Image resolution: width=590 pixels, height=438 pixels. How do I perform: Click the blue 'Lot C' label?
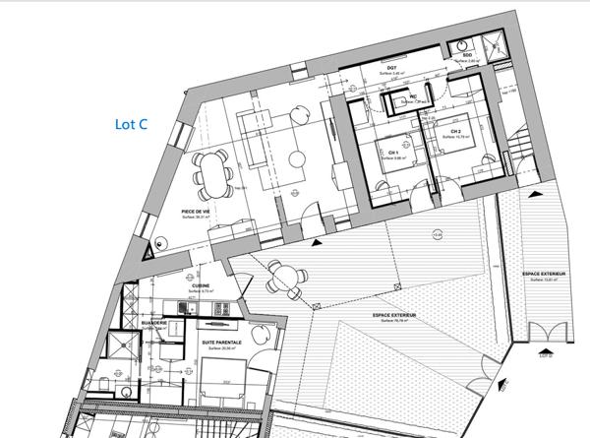[x=133, y=125]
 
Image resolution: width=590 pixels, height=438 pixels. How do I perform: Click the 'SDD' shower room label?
[x=468, y=57]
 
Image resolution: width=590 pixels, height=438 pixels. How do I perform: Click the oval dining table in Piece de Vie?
[x=212, y=174]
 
